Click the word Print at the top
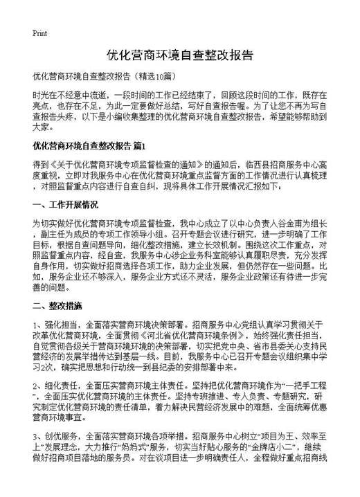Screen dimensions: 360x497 point(39,33)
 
